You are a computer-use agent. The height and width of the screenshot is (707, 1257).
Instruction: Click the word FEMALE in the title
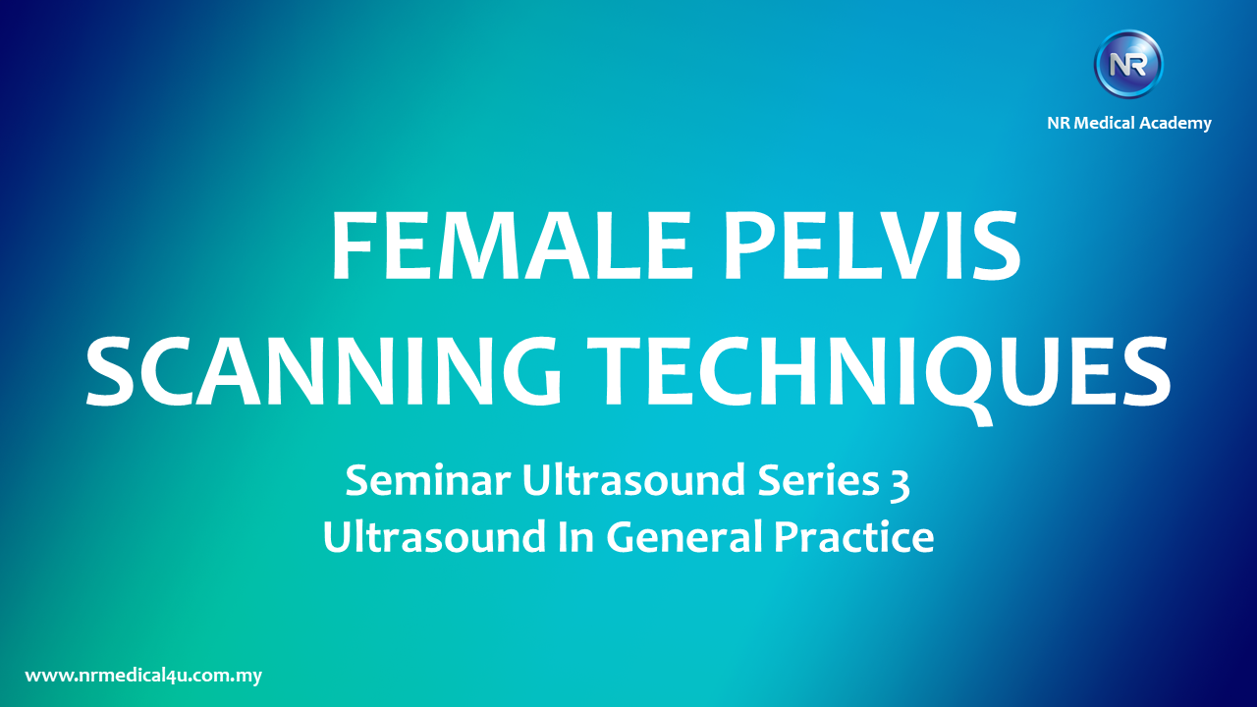coord(510,245)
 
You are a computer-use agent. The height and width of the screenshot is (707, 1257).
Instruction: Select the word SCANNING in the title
coord(323,370)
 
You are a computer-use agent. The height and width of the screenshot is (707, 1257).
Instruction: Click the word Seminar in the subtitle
coord(427,480)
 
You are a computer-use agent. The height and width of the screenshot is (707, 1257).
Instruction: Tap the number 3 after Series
coord(899,484)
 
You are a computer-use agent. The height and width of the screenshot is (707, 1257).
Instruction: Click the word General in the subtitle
coord(684,536)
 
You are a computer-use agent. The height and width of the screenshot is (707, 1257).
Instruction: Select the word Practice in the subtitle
coord(853,536)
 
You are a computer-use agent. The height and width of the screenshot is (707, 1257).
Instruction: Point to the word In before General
coord(575,536)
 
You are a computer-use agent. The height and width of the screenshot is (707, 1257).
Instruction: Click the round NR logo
coord(1128,64)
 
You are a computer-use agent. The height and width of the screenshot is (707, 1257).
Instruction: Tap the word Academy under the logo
coord(1175,124)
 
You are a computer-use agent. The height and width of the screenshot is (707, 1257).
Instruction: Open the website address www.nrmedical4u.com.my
coord(143,676)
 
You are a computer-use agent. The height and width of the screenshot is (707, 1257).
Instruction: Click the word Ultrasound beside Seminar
coord(633,480)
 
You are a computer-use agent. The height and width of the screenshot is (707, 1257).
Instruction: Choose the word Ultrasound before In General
coord(434,536)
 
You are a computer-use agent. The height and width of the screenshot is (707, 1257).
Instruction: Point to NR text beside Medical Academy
coord(1059,123)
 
